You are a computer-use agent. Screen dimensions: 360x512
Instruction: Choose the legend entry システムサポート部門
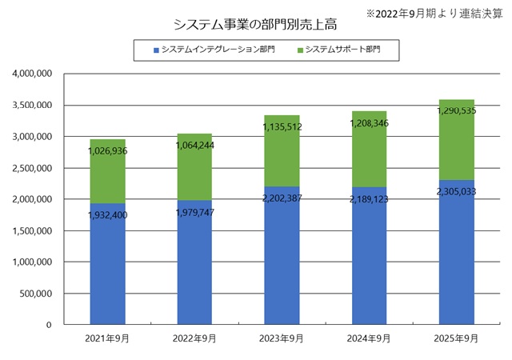pos(345,50)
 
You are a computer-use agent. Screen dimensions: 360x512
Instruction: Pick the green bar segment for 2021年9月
pos(107,172)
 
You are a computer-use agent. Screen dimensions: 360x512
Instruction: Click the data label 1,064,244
pos(194,146)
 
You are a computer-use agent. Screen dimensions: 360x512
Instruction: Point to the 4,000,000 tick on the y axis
pos(33,74)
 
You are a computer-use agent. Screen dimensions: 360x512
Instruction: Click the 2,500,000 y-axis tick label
pos(33,168)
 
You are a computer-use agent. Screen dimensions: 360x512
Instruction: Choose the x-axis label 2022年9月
pos(194,338)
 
